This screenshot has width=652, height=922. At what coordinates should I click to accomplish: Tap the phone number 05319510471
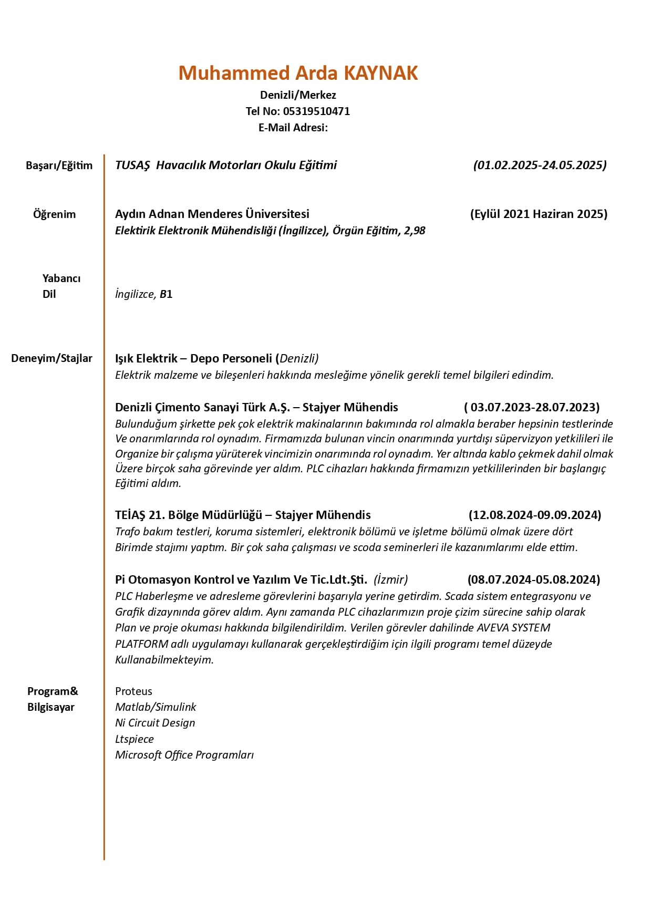point(316,111)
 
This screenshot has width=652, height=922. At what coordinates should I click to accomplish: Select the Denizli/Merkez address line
point(298,95)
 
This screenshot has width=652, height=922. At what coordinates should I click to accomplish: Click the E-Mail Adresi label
point(293,128)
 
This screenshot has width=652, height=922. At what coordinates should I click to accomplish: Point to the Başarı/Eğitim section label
point(59,165)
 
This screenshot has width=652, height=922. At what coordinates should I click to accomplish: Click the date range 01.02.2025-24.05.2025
point(540,165)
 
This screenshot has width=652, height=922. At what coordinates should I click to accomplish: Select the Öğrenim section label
point(54,214)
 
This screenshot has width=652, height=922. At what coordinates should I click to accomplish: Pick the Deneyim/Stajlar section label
point(51,358)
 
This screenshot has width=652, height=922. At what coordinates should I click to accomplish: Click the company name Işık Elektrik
point(146,358)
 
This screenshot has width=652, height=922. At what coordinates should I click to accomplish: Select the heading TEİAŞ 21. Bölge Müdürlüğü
point(188,515)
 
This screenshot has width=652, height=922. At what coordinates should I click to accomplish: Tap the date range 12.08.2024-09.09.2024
point(535,515)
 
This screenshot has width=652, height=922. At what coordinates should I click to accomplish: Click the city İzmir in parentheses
point(391,579)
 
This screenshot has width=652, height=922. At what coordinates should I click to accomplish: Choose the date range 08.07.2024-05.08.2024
point(533,579)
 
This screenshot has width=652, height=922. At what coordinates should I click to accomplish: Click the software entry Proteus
point(133,691)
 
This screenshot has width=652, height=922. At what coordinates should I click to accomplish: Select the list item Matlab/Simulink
point(156,707)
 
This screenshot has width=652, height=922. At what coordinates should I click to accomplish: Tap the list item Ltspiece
point(134,739)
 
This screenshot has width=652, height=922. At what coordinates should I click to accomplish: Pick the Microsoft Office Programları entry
point(184,755)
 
